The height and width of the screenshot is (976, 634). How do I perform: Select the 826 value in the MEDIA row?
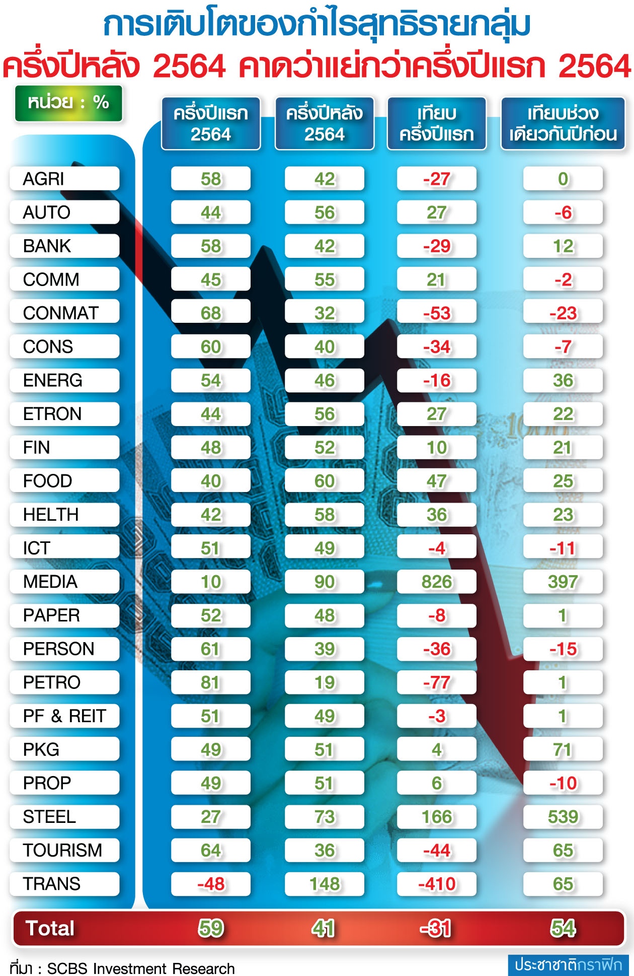tap(436, 582)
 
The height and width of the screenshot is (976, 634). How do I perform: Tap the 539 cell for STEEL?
tap(563, 817)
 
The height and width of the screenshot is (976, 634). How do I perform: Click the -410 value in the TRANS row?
tap(436, 884)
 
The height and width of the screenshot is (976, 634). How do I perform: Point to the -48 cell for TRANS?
tap(211, 884)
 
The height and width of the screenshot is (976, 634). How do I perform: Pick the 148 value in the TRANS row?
tap(325, 884)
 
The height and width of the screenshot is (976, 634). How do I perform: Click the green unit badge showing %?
tap(68, 103)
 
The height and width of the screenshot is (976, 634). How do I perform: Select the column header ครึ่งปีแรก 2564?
tap(211, 123)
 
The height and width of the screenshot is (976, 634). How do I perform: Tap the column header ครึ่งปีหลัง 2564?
tap(325, 123)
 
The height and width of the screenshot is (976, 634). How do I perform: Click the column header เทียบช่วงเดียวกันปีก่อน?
tap(563, 123)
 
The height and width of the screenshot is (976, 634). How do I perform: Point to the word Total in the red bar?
tap(50, 928)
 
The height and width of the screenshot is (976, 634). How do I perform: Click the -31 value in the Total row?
tap(436, 928)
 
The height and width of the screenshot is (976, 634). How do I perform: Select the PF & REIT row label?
tap(64, 716)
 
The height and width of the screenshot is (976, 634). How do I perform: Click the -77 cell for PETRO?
tap(436, 682)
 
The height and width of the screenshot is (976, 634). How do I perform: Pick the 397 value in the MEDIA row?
tap(563, 582)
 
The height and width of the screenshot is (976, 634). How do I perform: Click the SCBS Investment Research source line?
tap(122, 968)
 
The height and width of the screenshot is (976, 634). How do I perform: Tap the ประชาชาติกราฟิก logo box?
tap(568, 964)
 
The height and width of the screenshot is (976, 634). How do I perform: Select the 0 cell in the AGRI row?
tap(563, 179)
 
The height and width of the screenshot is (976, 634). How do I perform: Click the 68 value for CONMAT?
tap(211, 313)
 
